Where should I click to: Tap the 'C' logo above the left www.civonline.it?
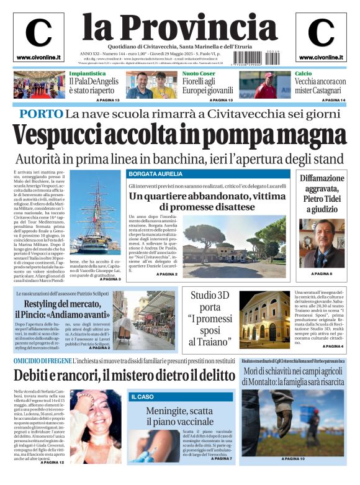(38, 32)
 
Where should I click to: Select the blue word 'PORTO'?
(41, 114)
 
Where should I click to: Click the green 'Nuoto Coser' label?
(199, 73)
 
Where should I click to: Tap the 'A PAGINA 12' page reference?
(52, 462)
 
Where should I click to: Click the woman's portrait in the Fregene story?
(96, 425)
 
